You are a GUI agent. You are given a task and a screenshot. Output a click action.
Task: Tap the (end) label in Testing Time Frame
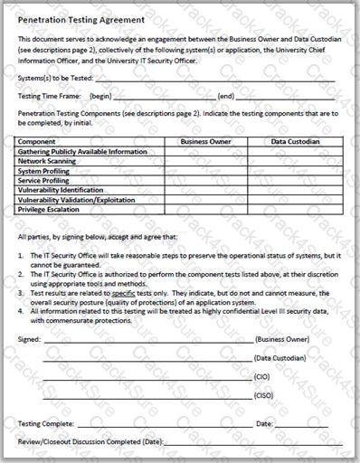[x=226, y=96]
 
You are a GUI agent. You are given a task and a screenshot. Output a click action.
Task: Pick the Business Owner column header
[x=206, y=142]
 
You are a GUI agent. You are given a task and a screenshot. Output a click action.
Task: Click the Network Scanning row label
[x=49, y=161]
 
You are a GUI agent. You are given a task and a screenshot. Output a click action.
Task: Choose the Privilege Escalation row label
[x=49, y=209]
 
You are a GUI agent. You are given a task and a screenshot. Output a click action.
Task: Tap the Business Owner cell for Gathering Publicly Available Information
[x=206, y=152]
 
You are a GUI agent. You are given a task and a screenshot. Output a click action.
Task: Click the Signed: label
[x=29, y=338]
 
